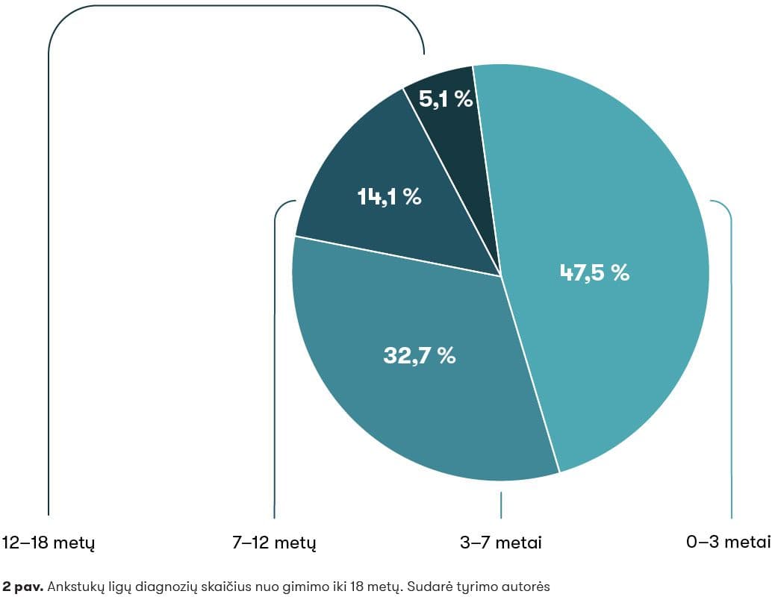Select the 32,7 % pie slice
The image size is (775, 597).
(x=418, y=403)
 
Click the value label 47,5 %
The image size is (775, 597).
(x=595, y=272)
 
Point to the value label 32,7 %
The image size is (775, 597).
(x=419, y=356)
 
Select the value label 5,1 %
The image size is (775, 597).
(x=446, y=99)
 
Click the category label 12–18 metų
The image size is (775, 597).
(x=49, y=543)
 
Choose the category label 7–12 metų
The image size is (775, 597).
(x=275, y=543)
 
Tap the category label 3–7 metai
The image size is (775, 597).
(x=501, y=543)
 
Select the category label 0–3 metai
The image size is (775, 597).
(x=729, y=543)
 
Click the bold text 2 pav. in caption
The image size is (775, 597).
(x=23, y=587)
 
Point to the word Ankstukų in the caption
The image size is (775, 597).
(x=73, y=587)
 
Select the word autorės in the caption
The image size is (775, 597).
(x=526, y=587)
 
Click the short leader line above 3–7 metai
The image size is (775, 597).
(x=501, y=504)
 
